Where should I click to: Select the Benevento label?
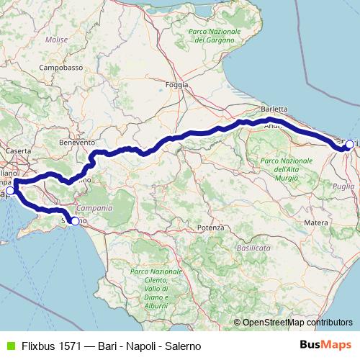pos(77,143)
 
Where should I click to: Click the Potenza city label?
pos(210,228)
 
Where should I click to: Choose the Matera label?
pos(316,223)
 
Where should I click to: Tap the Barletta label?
pos(274,109)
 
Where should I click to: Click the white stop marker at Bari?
pos(349,145)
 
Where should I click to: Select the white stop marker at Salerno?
pos(75,221)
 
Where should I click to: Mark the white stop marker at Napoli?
pos(10,192)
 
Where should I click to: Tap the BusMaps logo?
pos(323,345)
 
